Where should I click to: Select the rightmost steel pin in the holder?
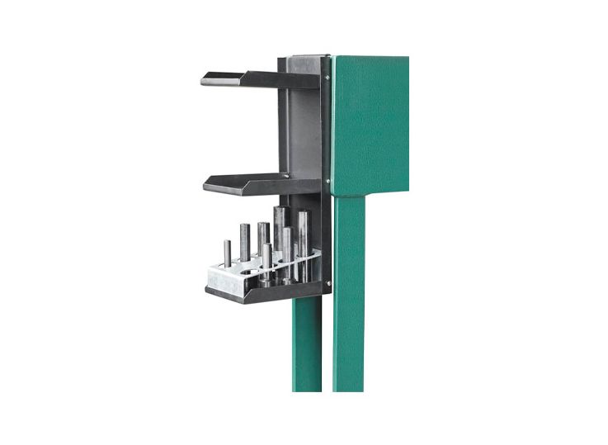pyautogui.click(x=304, y=239)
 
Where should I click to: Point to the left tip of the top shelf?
pyautogui.click(x=205, y=81)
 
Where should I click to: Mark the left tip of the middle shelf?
pyautogui.click(x=207, y=187)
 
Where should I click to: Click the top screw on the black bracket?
pyautogui.click(x=326, y=78)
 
